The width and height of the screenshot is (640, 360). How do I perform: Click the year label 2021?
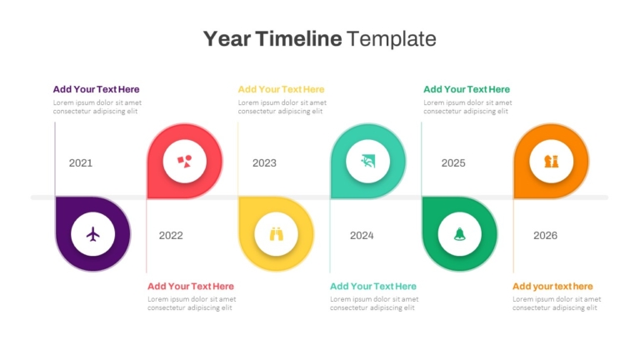tap(80, 163)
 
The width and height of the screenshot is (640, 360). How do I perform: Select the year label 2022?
tap(171, 236)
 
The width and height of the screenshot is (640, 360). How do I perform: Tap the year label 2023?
tap(264, 163)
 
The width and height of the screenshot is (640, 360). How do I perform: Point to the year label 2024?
tap(362, 236)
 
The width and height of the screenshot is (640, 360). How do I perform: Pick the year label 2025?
tap(453, 163)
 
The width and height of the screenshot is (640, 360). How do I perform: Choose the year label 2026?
tap(545, 236)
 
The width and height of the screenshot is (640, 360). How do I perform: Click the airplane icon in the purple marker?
tap(93, 234)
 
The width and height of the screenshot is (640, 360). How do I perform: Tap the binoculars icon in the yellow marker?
tap(277, 234)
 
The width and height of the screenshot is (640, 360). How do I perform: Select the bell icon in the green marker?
tap(460, 234)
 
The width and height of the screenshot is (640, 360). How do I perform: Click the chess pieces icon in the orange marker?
tap(552, 161)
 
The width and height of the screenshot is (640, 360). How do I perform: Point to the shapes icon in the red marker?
tap(184, 161)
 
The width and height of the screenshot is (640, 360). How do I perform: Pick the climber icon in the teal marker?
tap(367, 161)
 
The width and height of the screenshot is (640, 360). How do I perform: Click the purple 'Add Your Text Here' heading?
tap(96, 89)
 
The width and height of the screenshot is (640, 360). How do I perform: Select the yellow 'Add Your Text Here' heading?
tap(281, 89)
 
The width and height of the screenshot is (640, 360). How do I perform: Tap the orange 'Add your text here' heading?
tap(552, 286)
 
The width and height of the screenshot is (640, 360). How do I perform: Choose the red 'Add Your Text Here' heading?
tap(191, 286)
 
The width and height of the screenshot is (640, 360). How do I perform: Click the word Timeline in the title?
tap(299, 39)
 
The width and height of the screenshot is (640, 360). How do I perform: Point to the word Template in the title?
tap(392, 40)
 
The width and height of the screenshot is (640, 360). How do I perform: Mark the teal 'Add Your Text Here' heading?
tap(373, 286)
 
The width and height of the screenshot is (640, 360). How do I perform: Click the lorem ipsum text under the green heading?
tap(467, 107)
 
